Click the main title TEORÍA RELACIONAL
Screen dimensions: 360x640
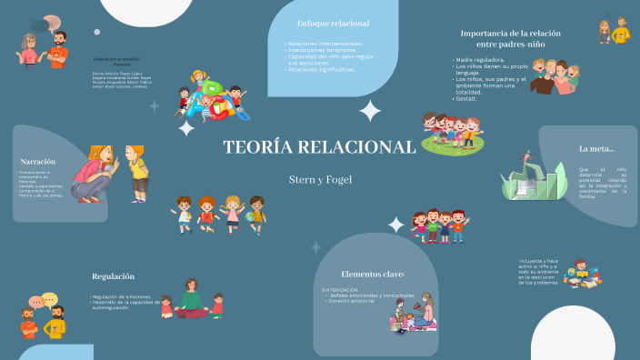tap(319, 147)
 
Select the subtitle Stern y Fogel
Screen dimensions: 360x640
tap(319, 179)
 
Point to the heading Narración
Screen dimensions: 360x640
tap(38, 161)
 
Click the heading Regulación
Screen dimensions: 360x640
tap(113, 276)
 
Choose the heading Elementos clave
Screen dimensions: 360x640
tap(373, 274)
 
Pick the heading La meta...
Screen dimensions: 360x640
tap(596, 148)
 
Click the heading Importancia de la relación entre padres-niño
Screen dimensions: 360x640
tap(510, 38)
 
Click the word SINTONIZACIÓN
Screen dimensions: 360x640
tap(340, 289)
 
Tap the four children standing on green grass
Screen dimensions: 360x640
tap(452, 133)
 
